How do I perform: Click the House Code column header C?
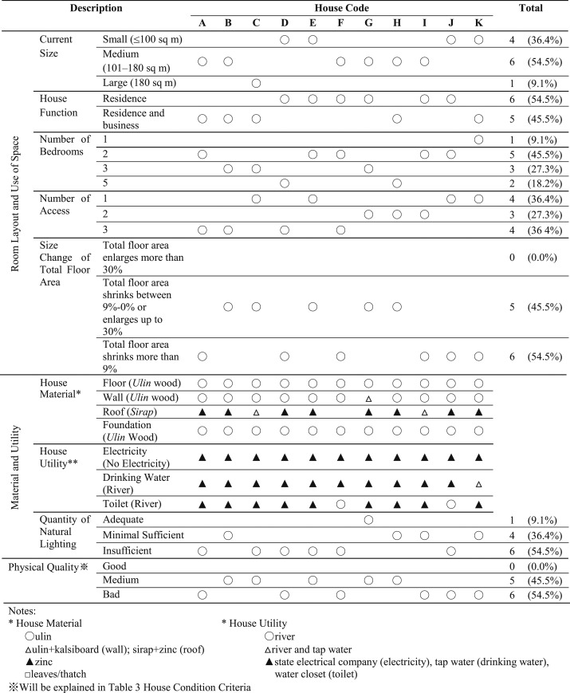click(x=256, y=23)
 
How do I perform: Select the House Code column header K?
click(x=478, y=23)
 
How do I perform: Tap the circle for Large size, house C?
click(x=256, y=82)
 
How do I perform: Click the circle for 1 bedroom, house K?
click(x=478, y=140)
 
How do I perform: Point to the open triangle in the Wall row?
click(x=368, y=398)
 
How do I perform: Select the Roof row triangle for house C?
click(x=256, y=412)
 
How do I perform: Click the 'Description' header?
click(x=96, y=8)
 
